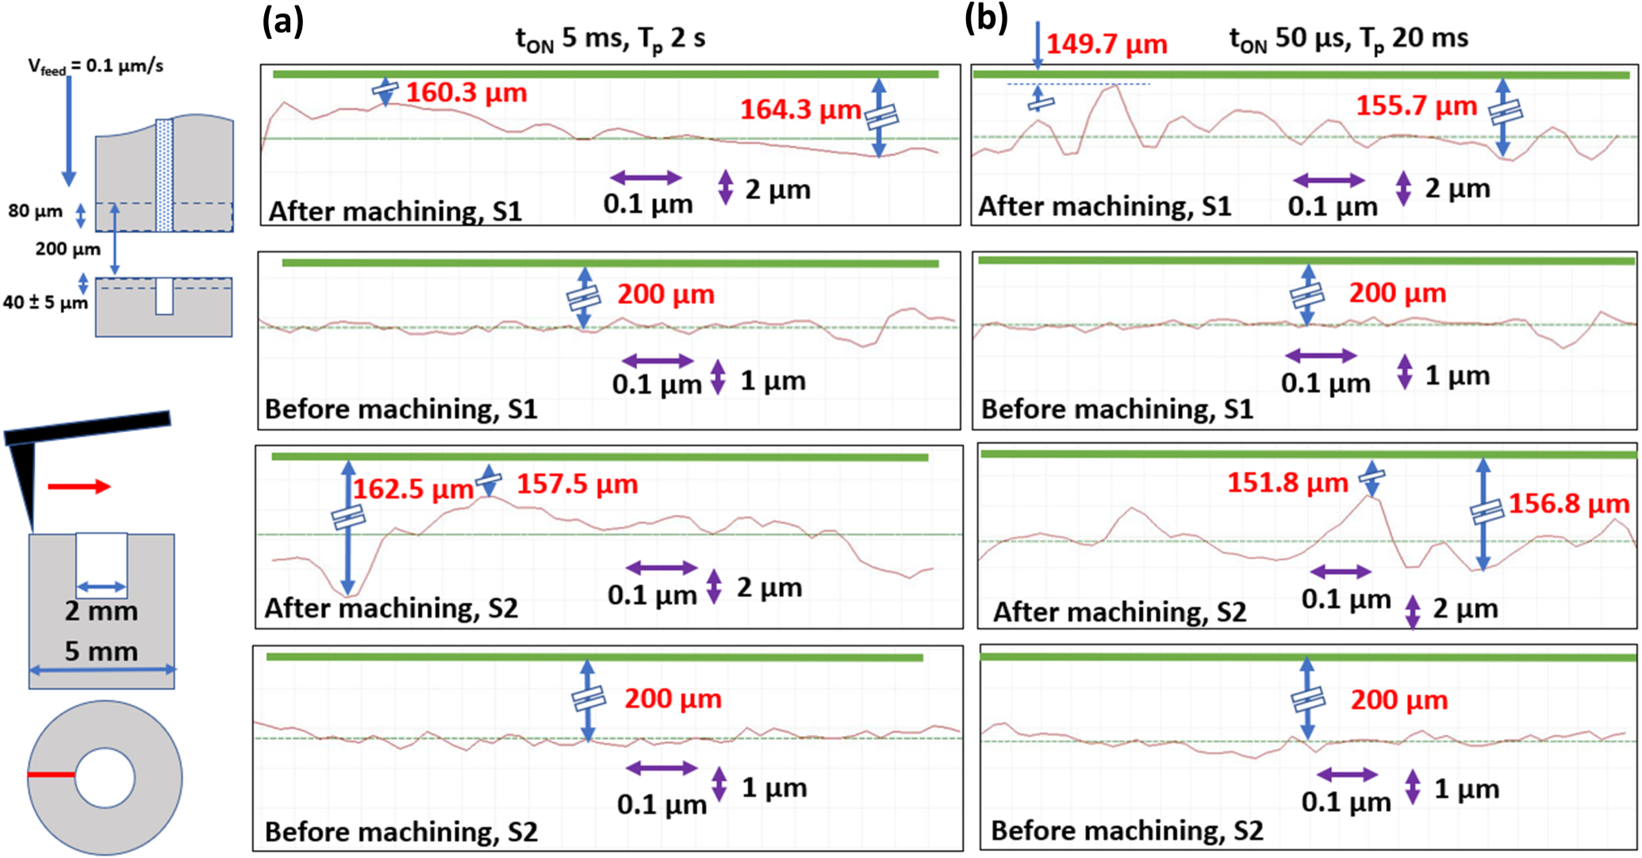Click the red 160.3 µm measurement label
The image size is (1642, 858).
click(466, 93)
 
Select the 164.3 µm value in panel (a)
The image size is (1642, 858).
click(800, 109)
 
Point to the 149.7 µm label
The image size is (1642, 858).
click(1107, 44)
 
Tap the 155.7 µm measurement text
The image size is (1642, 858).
click(1416, 105)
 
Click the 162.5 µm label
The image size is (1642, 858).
click(412, 488)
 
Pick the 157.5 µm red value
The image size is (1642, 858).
click(577, 484)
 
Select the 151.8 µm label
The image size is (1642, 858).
click(1287, 482)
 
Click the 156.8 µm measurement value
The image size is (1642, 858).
click(1568, 504)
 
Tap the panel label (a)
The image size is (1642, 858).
click(282, 21)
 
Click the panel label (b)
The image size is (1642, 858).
click(986, 18)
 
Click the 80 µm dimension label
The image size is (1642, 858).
click(36, 212)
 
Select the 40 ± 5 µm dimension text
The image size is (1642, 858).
click(45, 302)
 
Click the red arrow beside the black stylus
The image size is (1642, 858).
click(79, 486)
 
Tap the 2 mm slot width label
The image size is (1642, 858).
click(102, 611)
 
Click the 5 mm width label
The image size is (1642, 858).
click(102, 651)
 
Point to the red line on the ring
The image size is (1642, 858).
click(52, 775)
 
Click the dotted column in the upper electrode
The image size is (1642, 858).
click(164, 174)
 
